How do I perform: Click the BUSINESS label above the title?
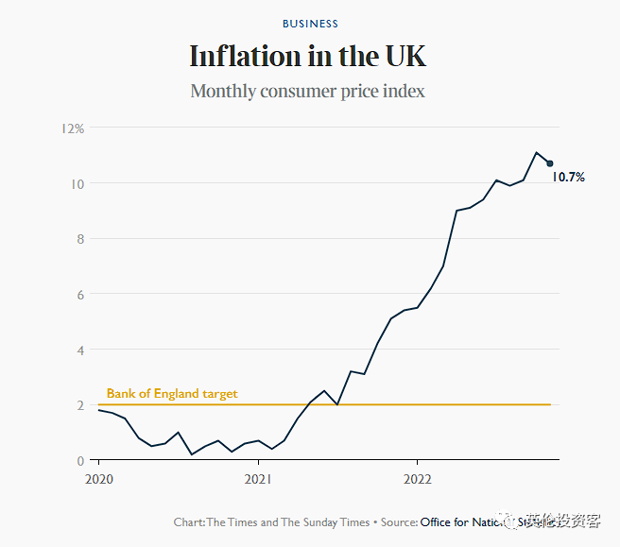(310, 24)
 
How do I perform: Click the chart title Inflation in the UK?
(308, 57)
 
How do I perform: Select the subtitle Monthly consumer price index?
(308, 92)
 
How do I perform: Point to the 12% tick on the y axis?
(73, 128)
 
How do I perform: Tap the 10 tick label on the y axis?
(77, 183)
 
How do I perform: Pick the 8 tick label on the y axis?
(79, 239)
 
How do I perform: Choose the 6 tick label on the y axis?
(79, 295)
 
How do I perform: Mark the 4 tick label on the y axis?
(79, 350)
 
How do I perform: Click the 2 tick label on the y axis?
(79, 405)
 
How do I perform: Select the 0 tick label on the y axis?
(79, 461)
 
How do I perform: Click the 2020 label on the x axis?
(99, 479)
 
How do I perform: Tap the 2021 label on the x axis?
(258, 479)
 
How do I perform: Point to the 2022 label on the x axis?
(418, 479)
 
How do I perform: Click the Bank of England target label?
(172, 394)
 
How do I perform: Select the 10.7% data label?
(569, 178)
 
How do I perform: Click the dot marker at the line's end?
(550, 163)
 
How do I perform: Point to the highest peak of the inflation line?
(536, 152)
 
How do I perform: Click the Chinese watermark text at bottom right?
(564, 521)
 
